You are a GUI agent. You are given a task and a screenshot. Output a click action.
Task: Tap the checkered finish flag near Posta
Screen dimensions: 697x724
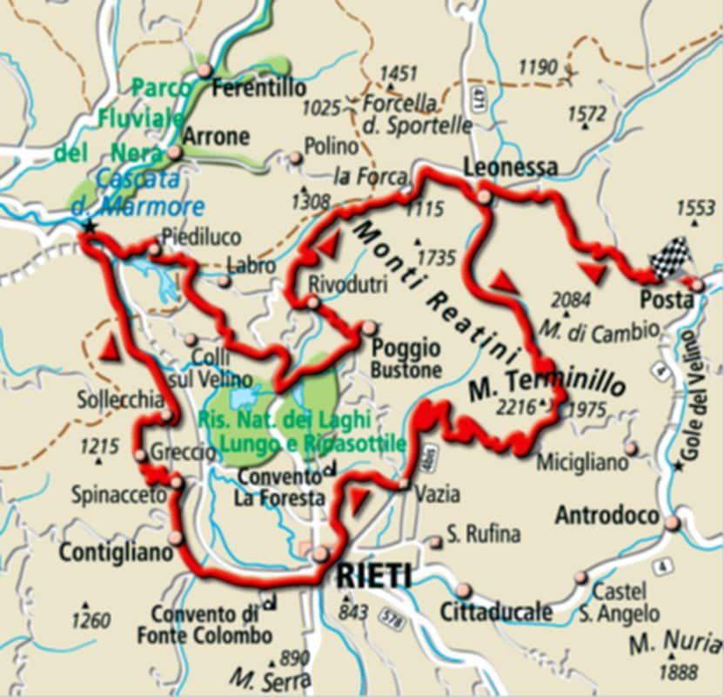pos(670,259)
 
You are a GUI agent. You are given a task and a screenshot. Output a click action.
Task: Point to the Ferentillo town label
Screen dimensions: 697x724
pos(259,88)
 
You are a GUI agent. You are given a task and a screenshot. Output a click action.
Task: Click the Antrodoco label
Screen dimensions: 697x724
pos(607,515)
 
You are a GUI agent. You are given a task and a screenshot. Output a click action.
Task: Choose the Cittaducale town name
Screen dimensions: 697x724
pos(495,612)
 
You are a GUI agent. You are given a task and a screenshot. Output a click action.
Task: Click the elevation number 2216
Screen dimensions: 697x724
pos(517,405)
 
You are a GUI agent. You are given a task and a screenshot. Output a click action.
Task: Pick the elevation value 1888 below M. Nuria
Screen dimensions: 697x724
pos(679,672)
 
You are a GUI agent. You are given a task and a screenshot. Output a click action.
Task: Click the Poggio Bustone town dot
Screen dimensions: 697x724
pos(370,328)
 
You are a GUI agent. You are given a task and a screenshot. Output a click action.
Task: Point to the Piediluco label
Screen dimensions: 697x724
pos(201,237)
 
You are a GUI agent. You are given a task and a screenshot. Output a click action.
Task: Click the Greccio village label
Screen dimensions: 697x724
pos(183,453)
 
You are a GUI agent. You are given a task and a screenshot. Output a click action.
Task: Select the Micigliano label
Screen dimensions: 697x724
pos(580,463)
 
